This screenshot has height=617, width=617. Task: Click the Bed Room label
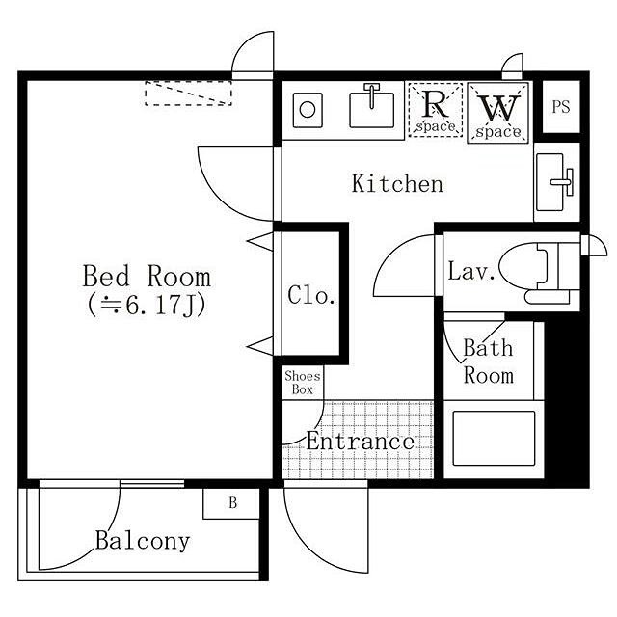point(147,276)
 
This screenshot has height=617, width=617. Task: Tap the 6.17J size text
point(147,305)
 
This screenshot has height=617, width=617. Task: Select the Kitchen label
point(397,183)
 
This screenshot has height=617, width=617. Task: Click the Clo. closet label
point(311,295)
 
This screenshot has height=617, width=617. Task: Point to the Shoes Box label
point(303,383)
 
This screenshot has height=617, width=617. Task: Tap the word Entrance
point(360,442)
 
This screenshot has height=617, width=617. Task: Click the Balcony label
point(143,542)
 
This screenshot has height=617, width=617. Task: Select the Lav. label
point(471,271)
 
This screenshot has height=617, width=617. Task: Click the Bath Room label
point(489,362)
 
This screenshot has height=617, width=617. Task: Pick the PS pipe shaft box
point(561,107)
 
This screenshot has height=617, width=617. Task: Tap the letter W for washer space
point(498,108)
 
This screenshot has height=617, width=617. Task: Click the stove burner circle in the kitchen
point(308,109)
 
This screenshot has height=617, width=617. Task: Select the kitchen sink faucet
point(371,94)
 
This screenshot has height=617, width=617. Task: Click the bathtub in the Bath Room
point(494,439)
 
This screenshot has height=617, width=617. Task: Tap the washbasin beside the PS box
point(555,182)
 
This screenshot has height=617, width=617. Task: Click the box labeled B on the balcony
point(231,503)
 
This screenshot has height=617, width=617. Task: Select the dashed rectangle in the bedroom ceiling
point(188,94)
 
